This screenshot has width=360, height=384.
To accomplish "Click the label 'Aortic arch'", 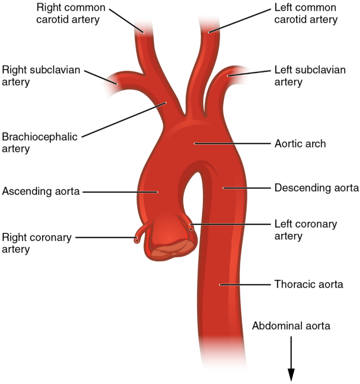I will (300, 144).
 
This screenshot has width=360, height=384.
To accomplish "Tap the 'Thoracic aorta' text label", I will (309, 284).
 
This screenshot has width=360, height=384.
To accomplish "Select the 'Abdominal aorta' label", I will (291, 326).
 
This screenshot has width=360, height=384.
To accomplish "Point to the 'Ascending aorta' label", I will (40, 191).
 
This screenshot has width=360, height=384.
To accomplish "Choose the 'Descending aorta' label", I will (314, 188).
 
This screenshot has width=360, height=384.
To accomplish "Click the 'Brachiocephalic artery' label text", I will (39, 142).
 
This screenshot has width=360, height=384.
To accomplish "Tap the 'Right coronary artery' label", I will (37, 243).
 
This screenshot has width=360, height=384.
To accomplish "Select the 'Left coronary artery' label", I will (305, 230).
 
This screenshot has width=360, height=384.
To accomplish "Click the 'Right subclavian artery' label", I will (41, 76).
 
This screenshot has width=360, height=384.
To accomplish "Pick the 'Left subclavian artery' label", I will (310, 76).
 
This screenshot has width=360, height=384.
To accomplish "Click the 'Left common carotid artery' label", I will (305, 14).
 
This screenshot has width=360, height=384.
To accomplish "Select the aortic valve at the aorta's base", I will (170, 249).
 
